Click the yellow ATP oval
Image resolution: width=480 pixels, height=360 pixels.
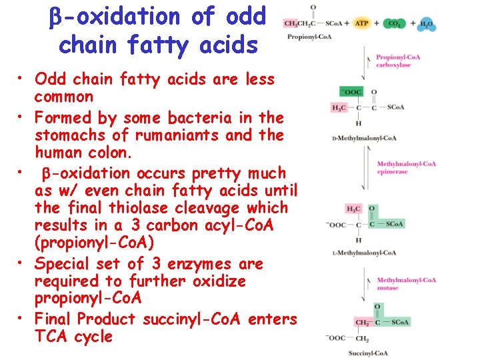(x=362, y=23)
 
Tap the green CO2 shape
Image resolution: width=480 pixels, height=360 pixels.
(x=395, y=23)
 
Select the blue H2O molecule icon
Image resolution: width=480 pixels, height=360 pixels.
(x=427, y=24)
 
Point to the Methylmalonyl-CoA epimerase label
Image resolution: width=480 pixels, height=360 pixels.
(x=406, y=167)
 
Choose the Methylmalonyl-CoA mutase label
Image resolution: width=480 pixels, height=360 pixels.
(x=406, y=283)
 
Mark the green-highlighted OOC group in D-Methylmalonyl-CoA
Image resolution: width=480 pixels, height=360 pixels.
(x=351, y=92)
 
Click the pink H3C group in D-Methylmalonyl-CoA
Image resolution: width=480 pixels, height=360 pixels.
(x=339, y=107)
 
